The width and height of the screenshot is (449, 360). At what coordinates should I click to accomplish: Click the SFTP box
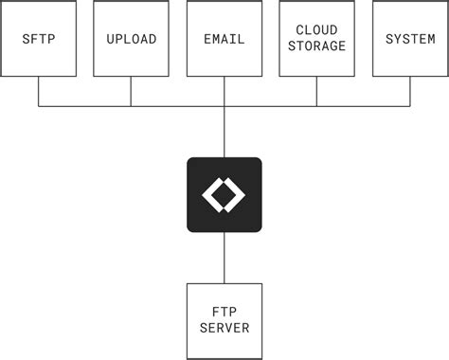point(39,39)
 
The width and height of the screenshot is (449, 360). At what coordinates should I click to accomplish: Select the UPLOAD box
point(131,39)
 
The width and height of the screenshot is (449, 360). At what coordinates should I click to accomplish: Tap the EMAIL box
point(224,39)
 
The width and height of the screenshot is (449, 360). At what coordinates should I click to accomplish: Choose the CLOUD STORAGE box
point(316,39)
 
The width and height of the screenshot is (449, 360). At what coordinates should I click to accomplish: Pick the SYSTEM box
point(410,39)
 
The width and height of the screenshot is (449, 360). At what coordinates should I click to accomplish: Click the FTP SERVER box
point(224,320)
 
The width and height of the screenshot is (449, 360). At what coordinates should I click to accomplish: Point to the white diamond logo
point(224,194)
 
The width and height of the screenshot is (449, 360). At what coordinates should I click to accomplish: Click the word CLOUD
point(316,31)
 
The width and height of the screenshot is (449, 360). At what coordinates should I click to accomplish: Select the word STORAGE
point(316,45)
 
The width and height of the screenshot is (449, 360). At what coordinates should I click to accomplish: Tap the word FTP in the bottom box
point(224,313)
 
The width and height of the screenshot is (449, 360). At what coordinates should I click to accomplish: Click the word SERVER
point(224,328)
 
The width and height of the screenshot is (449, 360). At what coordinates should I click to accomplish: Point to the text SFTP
point(39,39)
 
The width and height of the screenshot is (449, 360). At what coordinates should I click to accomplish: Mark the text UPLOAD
point(131,39)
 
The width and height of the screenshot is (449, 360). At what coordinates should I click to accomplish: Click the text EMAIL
point(224,39)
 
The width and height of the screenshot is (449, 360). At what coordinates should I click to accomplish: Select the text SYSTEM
point(410,39)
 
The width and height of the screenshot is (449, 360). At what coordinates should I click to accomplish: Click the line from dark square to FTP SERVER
point(224,257)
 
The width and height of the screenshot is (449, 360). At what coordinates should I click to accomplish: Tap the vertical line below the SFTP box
point(39,91)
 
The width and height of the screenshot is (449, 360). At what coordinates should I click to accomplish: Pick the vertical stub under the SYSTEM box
point(410,91)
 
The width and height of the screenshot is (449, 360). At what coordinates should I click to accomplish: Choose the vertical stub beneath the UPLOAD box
point(131,91)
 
